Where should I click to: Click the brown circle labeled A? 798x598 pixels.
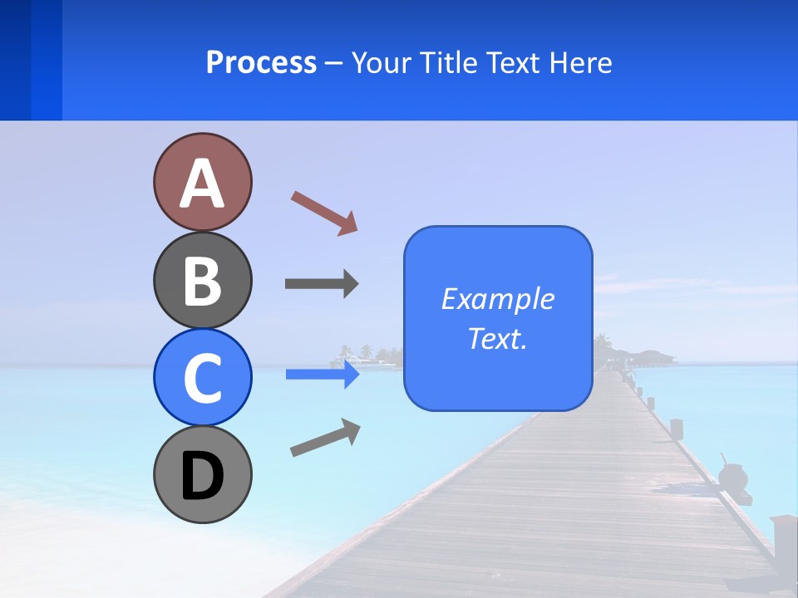(202, 182)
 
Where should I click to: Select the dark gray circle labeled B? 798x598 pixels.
(202, 280)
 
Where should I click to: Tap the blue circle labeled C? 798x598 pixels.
(202, 377)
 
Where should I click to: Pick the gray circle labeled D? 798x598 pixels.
(202, 474)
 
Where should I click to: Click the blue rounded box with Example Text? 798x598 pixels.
(498, 318)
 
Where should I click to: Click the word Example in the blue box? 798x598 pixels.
(498, 299)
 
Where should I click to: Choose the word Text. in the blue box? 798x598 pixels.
(498, 339)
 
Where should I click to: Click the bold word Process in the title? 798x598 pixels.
(261, 62)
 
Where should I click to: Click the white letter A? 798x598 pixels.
(202, 184)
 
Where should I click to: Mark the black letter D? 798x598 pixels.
(202, 476)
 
